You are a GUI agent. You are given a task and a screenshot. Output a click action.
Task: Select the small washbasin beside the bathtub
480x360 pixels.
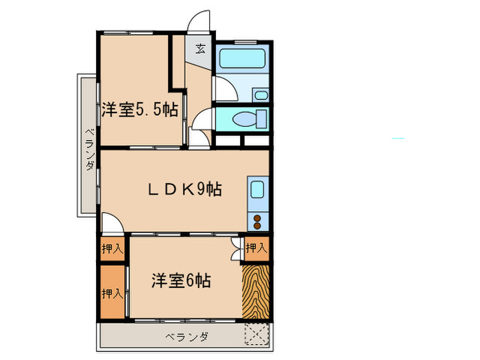pos(259,94)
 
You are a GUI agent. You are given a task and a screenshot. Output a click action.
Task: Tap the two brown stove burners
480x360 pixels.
pos(259,221)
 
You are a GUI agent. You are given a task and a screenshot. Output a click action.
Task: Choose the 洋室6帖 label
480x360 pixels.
pos(180,280)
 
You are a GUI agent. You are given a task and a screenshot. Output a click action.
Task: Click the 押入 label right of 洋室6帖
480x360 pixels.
pos(255,248)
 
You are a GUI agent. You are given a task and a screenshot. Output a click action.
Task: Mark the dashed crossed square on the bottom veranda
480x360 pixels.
pos(259,335)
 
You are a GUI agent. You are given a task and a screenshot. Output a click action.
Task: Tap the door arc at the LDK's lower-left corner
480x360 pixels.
pos(112,224)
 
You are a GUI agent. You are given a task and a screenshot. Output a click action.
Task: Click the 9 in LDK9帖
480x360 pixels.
pos(203,189)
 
